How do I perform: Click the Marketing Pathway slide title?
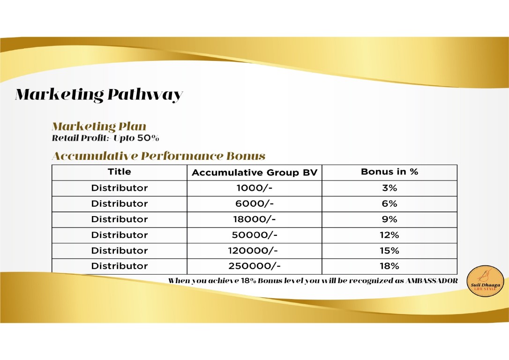pos(98,95)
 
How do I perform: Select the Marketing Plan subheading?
pos(99,127)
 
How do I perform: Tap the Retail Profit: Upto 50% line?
pos(106,138)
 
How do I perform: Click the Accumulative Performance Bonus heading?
pos(158,156)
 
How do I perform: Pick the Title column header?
pos(120,172)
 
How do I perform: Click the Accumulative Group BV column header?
pos(254,173)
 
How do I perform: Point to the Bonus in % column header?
pos(389,172)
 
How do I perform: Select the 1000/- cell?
pos(254,188)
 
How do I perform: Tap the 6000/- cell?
pos(254,204)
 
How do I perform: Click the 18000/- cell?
pos(254,219)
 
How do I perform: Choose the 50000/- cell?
pos(254,235)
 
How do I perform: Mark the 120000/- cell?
pos(254,251)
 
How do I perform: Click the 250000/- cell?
pos(254,266)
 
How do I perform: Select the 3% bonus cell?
pos(389,188)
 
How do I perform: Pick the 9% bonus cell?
pos(389,219)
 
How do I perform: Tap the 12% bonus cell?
pos(389,235)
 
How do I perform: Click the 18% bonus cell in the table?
pos(389,266)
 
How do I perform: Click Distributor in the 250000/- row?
pos(120,266)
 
